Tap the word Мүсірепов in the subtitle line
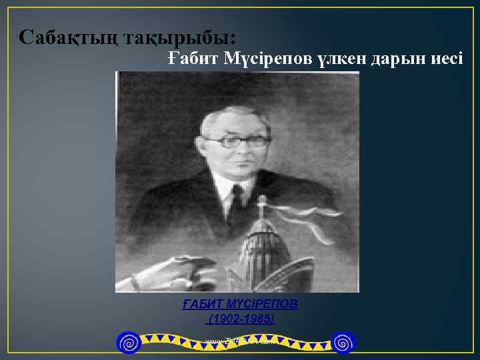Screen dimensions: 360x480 click(x=267, y=59)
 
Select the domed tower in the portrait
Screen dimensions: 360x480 click(x=263, y=253)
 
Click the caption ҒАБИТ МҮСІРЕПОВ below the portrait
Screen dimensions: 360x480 click(x=241, y=304)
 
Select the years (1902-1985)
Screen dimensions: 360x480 click(x=241, y=319)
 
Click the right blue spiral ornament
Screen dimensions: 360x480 click(x=344, y=343)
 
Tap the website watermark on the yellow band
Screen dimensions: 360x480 click(x=239, y=342)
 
